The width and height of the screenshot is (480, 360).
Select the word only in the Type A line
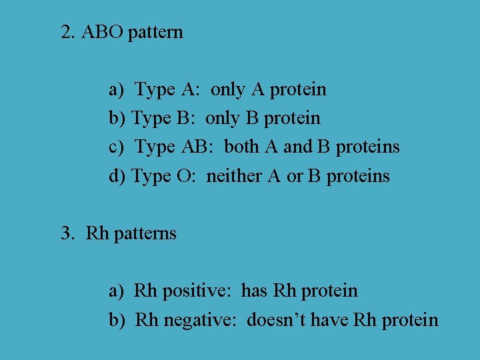[x=228, y=89]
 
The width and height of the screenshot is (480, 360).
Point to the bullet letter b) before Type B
[x=117, y=119]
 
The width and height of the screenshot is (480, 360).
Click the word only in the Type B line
[x=223, y=119]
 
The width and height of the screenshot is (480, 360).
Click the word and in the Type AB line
[x=297, y=147]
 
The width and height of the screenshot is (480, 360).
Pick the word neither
[x=233, y=176]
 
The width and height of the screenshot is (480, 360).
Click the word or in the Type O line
[x=294, y=177]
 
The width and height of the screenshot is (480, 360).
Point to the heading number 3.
[x=67, y=233]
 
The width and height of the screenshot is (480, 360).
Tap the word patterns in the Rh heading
[x=145, y=234]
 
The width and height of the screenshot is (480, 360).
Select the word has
[x=254, y=291]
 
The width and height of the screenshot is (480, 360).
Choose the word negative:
[x=201, y=320]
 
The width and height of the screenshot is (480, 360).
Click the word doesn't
[x=273, y=320]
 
